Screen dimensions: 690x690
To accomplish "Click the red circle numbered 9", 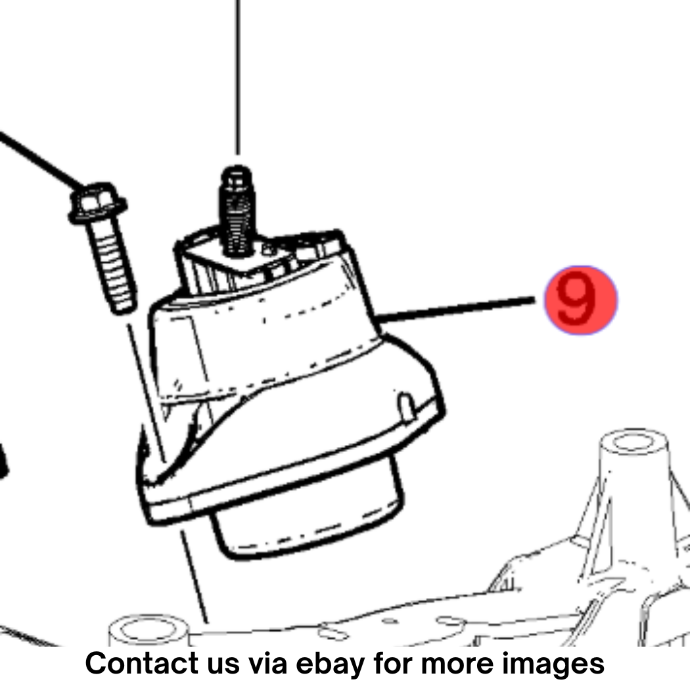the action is [x=581, y=300].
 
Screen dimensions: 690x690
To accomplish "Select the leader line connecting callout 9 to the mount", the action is [x=455, y=309].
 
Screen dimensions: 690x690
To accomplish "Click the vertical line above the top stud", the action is [x=238, y=77].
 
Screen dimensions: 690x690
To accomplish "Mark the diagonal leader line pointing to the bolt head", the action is [x=42, y=159].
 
